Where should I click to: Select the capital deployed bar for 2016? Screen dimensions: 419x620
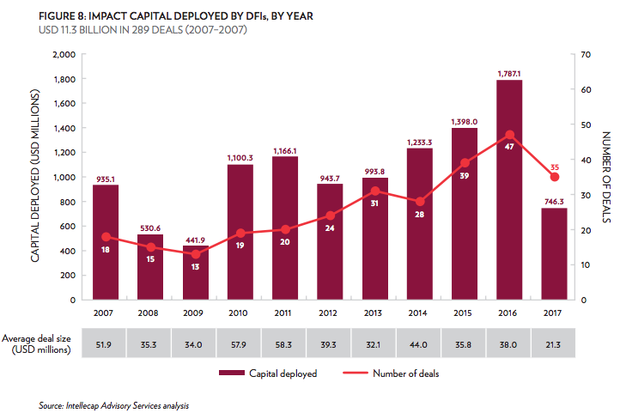(x=509, y=189)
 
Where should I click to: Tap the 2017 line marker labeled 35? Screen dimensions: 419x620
(x=554, y=177)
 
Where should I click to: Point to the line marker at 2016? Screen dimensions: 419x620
(x=509, y=135)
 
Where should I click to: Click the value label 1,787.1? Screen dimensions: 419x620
(x=509, y=73)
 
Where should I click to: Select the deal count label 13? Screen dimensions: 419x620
(x=195, y=267)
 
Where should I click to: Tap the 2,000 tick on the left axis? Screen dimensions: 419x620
(x=64, y=54)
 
